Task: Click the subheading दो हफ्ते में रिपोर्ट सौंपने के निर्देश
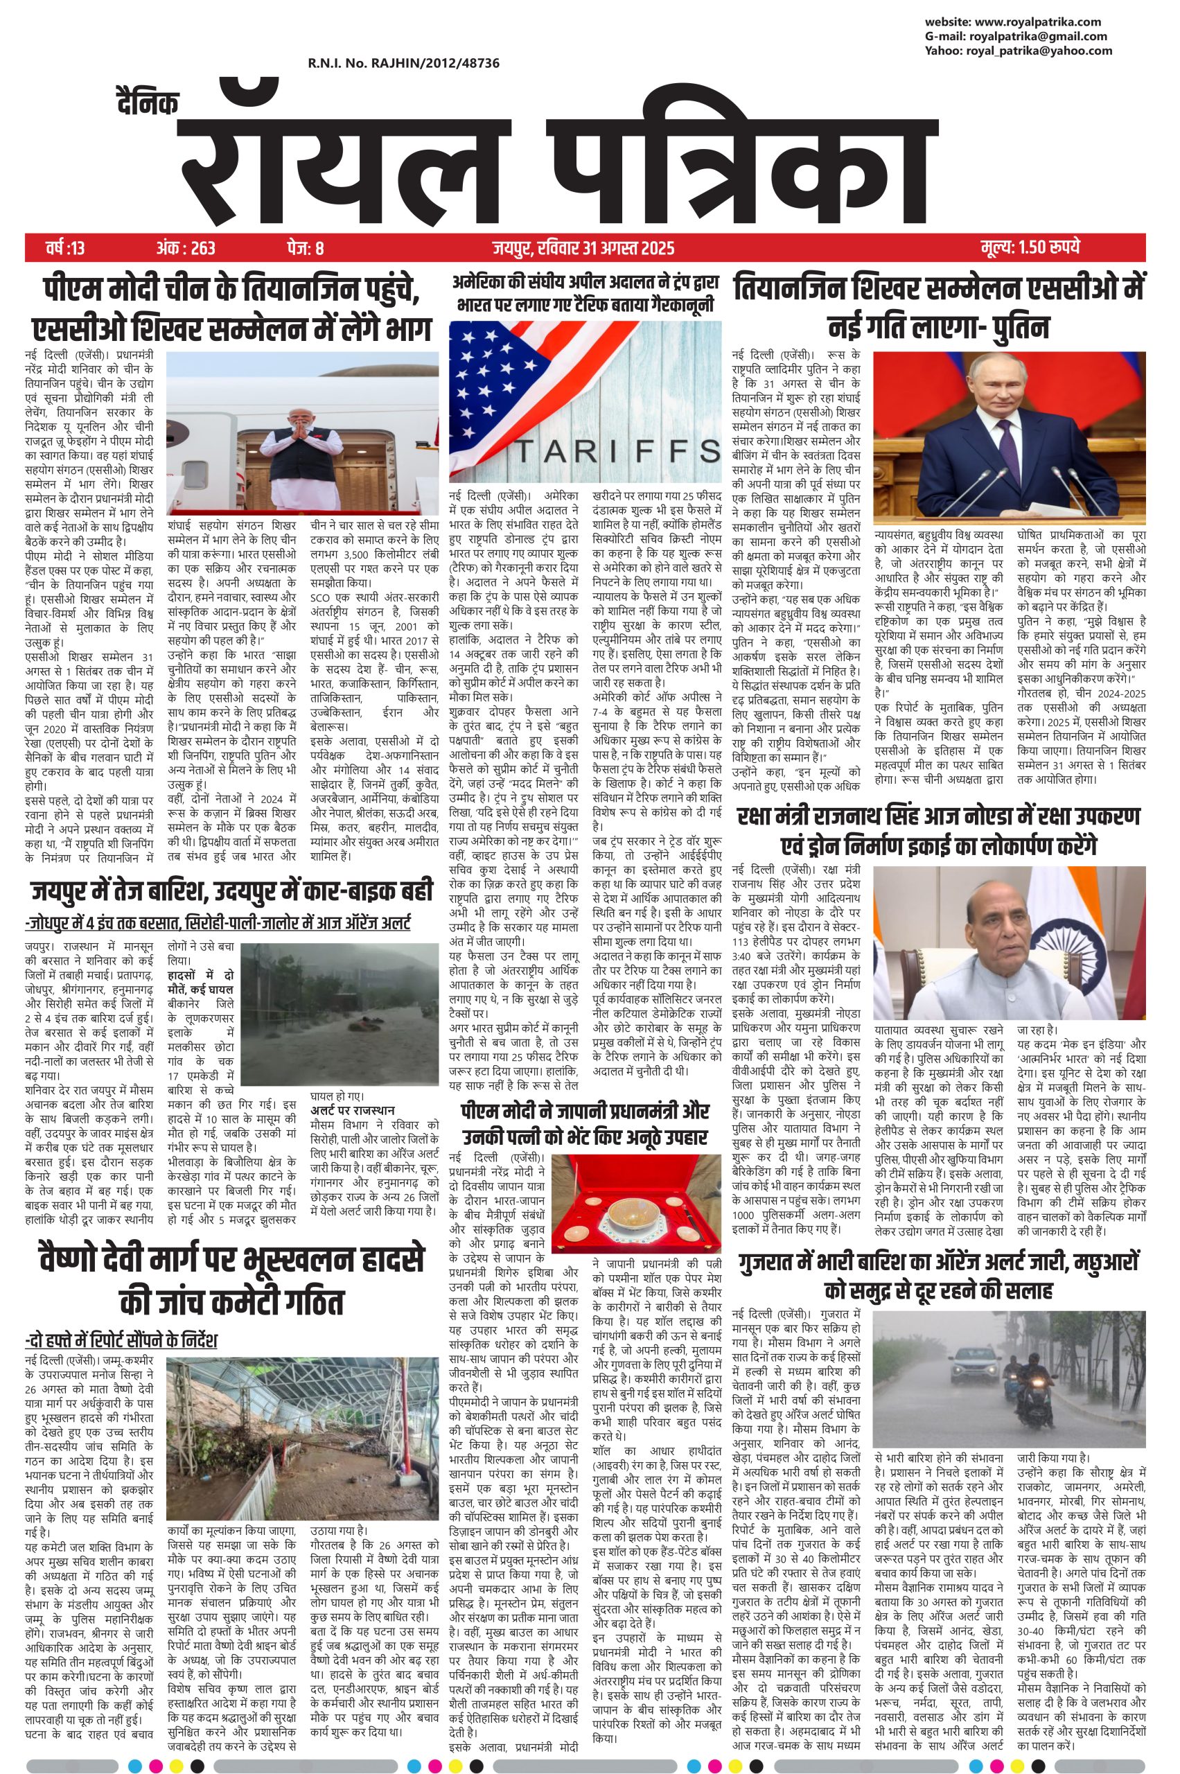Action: coord(123,1341)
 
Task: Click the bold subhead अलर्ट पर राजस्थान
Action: coord(351,1110)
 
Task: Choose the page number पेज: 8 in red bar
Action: coord(304,247)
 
